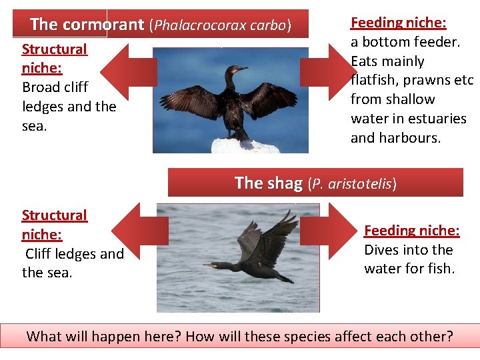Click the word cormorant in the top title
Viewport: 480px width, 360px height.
[x=104, y=25]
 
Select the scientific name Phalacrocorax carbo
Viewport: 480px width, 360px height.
[x=221, y=25]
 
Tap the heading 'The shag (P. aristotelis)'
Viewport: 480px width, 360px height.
[x=315, y=183]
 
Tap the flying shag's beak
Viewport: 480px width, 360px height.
[x=208, y=265]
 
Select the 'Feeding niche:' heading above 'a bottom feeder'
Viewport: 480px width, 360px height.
[x=398, y=23]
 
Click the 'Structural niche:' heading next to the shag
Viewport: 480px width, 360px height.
[x=54, y=225]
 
